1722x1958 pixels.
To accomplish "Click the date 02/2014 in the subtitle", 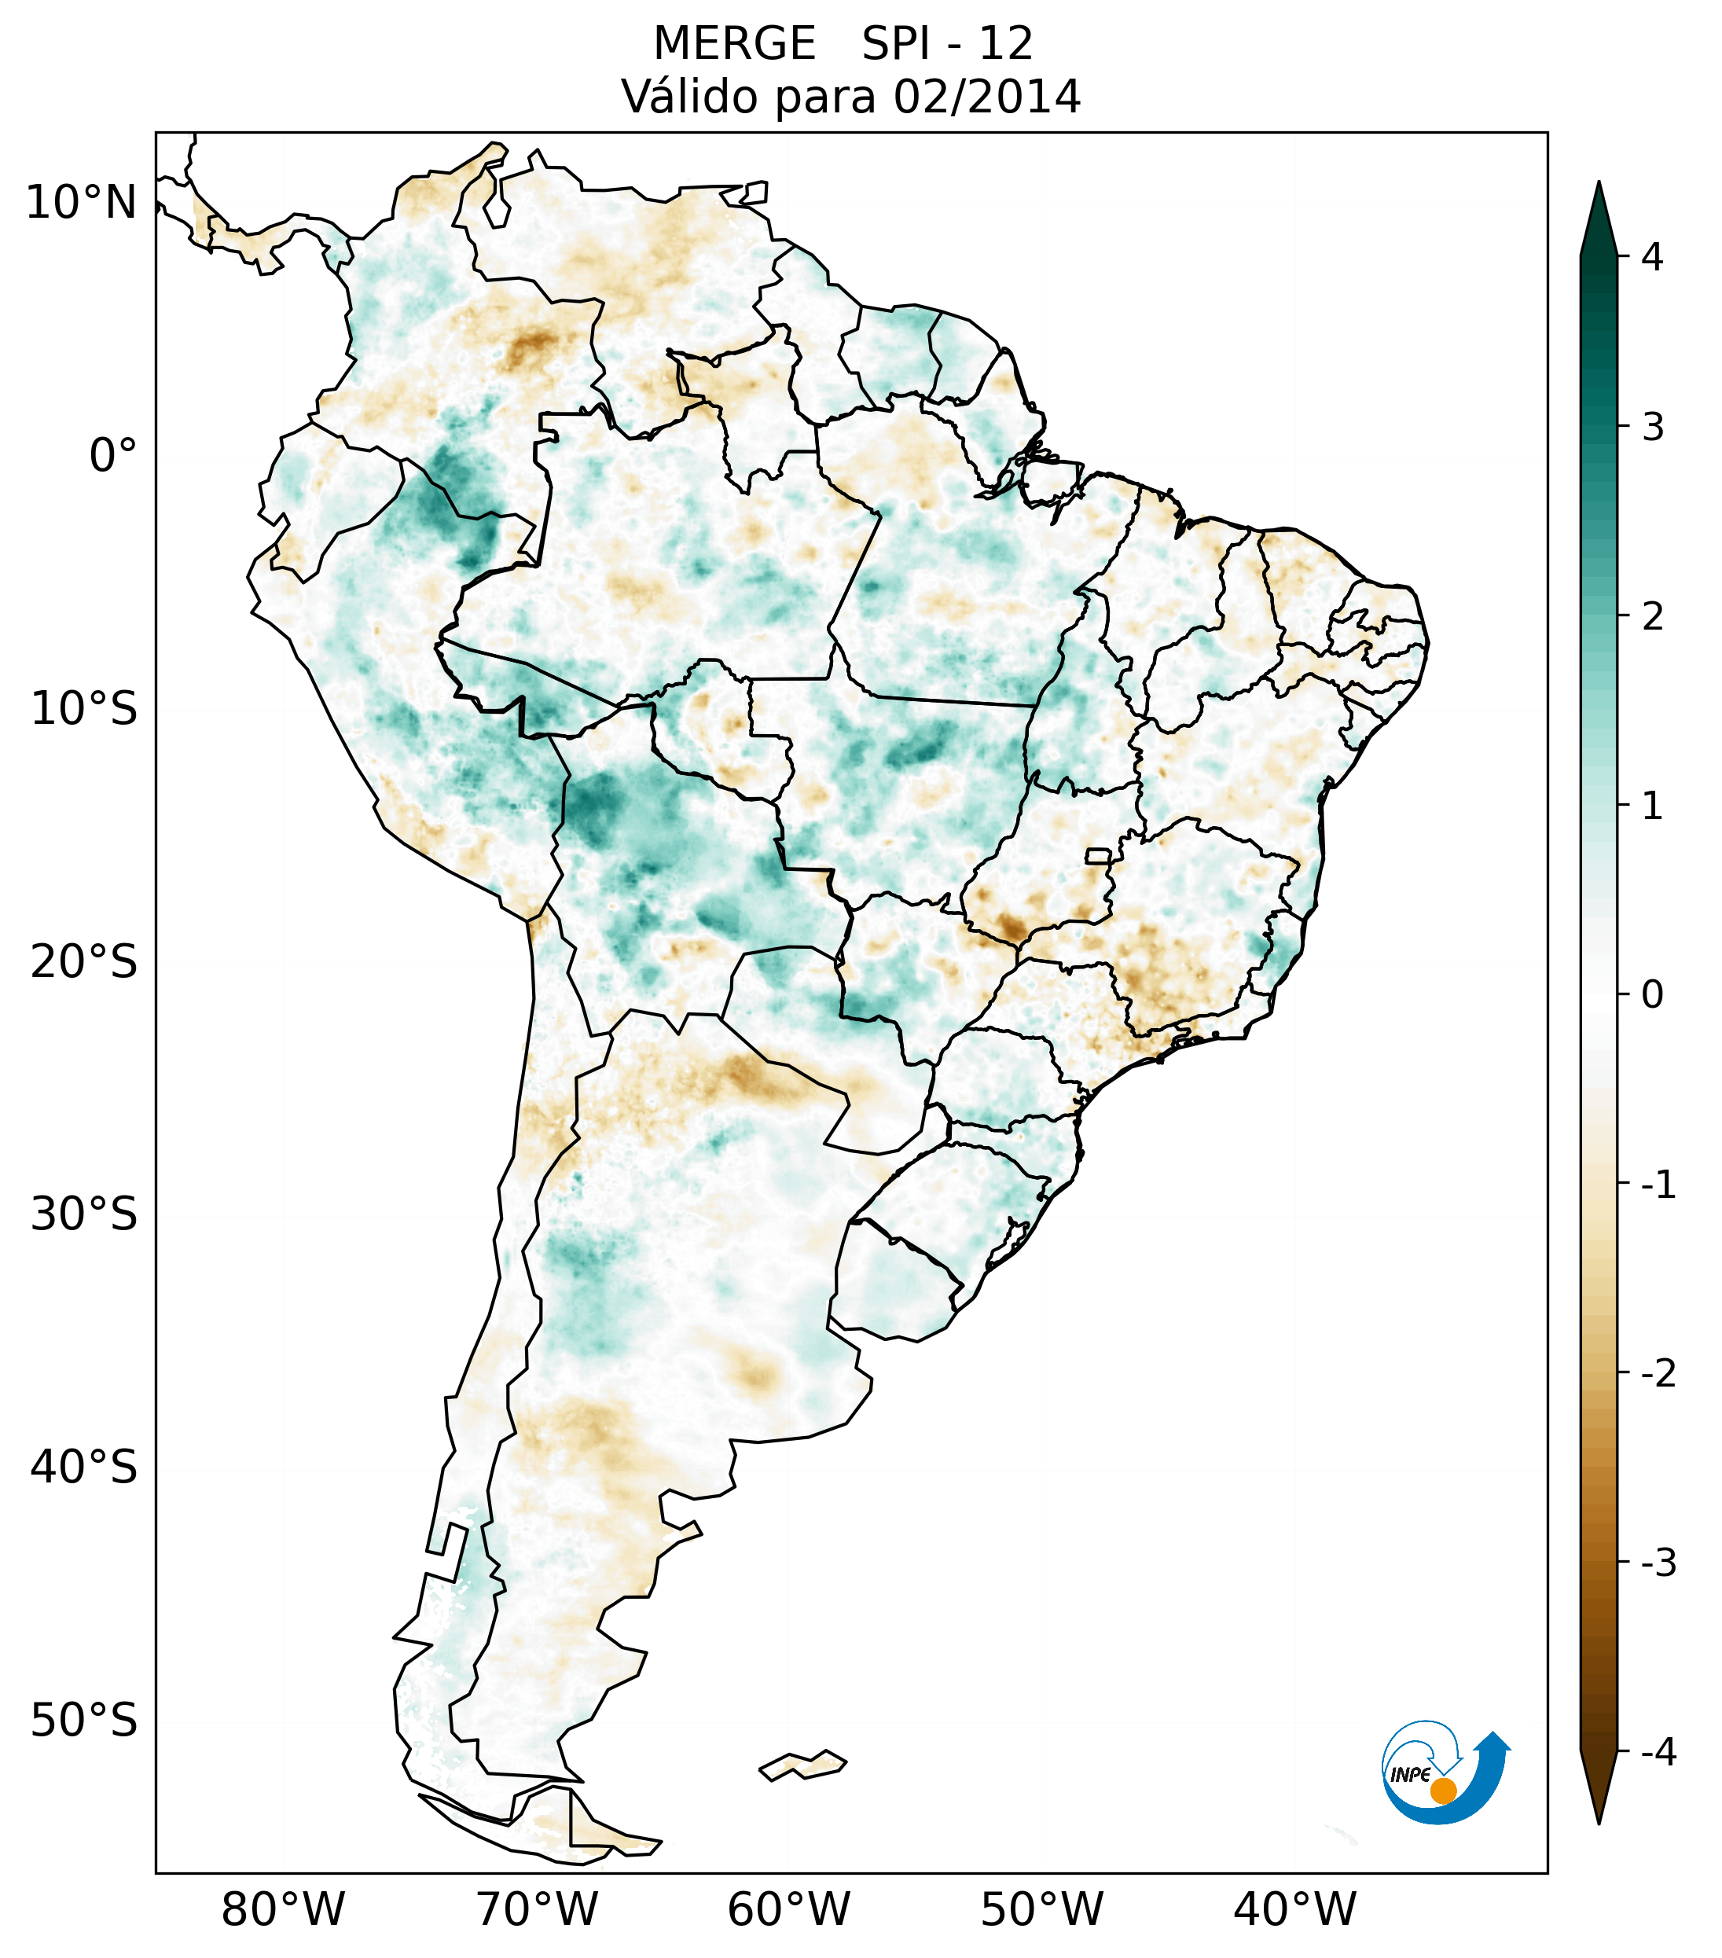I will [x=986, y=97].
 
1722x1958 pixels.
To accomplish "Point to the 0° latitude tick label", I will [x=113, y=455].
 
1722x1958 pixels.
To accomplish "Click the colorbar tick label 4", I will [x=1652, y=257].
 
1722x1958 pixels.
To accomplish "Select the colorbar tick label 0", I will [x=1652, y=994].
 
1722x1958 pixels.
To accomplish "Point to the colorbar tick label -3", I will [x=1658, y=1563].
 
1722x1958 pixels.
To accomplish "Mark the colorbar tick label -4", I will [x=1658, y=1752].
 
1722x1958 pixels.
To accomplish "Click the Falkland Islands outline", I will [x=802, y=1765].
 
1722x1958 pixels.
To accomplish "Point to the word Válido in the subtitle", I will [x=683, y=97].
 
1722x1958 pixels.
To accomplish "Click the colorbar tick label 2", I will [x=1652, y=617].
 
